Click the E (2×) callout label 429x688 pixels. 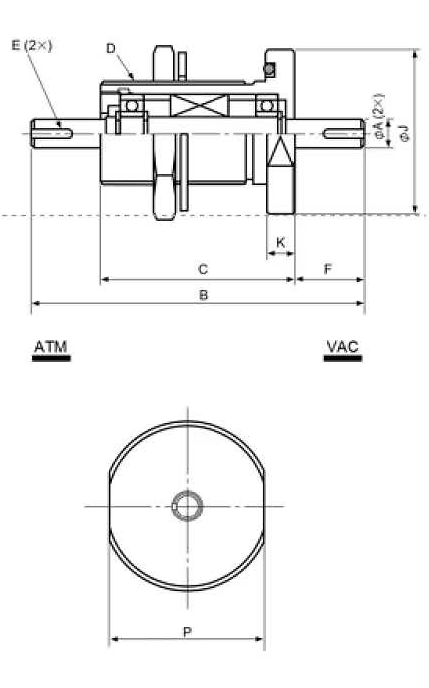tap(32, 45)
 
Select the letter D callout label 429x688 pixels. tap(111, 48)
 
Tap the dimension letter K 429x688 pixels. tap(281, 242)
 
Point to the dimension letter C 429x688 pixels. tap(203, 269)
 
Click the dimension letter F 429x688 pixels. tap(328, 269)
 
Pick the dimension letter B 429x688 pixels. tap(203, 295)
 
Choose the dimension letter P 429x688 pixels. tap(187, 632)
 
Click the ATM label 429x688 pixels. tap(51, 347)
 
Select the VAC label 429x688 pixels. tap(343, 347)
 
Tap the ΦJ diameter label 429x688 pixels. tap(405, 133)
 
